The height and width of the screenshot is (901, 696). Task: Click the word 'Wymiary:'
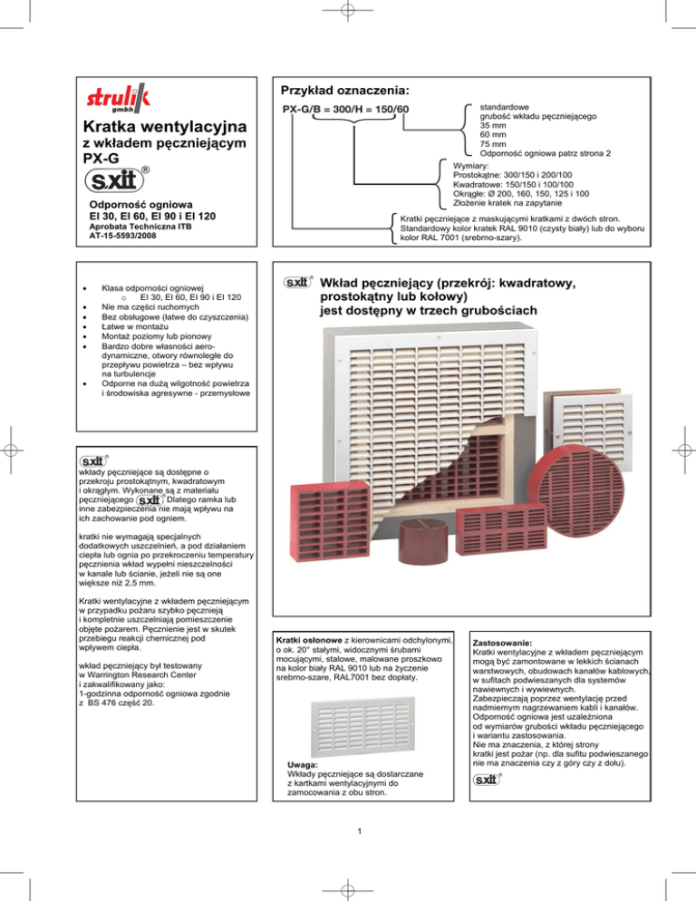coord(474,168)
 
